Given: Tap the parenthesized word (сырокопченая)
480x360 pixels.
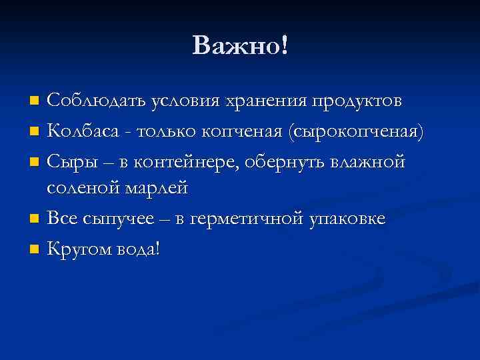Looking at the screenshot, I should point(354,131).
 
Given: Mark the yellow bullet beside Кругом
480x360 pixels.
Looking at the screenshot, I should point(35,249).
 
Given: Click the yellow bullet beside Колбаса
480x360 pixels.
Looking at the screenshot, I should point(35,132).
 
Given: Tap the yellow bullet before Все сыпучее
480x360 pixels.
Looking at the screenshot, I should point(35,220).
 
